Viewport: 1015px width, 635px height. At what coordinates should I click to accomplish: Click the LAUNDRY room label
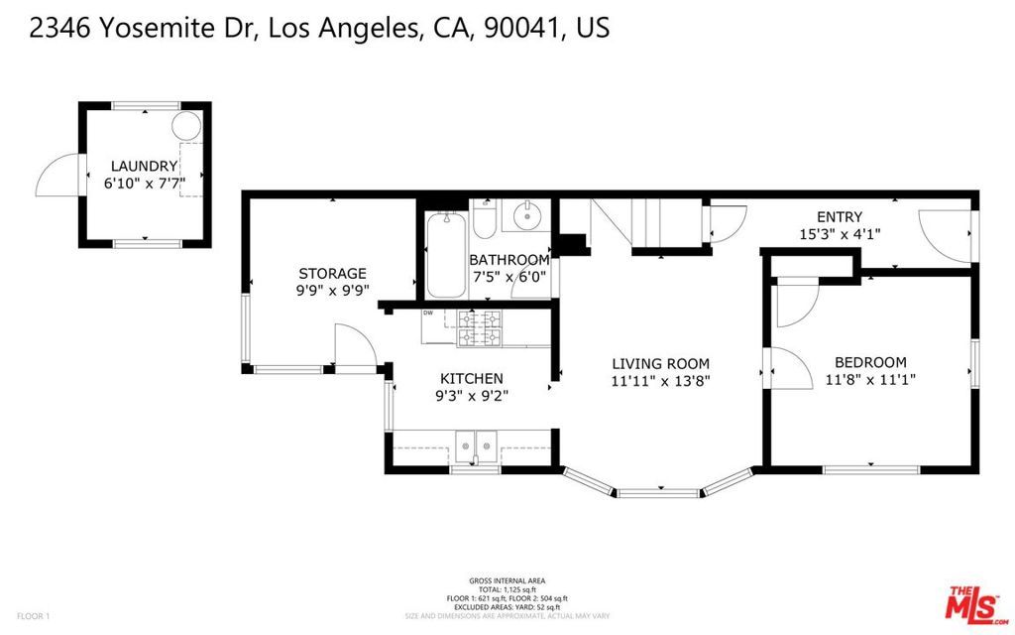(x=144, y=167)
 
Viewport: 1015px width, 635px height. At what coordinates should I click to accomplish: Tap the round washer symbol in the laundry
(x=185, y=125)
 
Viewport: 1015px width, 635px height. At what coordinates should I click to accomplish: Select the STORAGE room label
(x=333, y=274)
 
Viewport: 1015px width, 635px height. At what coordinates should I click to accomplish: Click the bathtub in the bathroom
(x=445, y=256)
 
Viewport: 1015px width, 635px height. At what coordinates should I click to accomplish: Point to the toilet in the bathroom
(x=485, y=220)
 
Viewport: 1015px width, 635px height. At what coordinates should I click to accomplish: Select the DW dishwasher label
(x=428, y=314)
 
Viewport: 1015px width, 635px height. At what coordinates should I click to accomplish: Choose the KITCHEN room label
(x=472, y=379)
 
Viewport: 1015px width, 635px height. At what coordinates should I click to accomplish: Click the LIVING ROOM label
(x=660, y=364)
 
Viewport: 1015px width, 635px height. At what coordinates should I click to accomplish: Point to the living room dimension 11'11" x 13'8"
(x=660, y=380)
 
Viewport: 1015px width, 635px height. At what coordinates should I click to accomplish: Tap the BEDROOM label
(x=870, y=362)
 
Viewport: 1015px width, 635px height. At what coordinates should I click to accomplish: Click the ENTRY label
(x=839, y=217)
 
